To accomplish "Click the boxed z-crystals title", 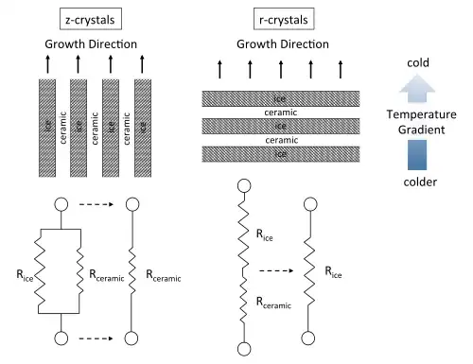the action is point(91,19).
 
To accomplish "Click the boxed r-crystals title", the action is point(284,19).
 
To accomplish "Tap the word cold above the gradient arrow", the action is point(418,62).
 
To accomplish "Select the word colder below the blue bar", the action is point(420,182).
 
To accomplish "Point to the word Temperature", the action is point(422,114).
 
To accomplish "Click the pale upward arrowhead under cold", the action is point(417,88).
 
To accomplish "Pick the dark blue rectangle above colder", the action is point(417,155).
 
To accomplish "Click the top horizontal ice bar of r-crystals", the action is point(281,98).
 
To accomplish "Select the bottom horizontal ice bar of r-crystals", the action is point(281,154).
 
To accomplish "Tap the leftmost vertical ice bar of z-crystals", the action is point(47,128).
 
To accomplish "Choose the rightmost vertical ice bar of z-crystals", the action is point(143,128).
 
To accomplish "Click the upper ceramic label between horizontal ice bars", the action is point(281,113).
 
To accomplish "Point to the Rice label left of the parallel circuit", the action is point(25,275).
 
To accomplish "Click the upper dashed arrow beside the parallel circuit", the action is point(96,204).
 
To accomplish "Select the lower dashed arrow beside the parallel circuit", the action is point(96,338).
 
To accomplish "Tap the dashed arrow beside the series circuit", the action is point(276,270).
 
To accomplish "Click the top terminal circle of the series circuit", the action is point(244,185).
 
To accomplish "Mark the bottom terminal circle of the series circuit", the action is point(244,349).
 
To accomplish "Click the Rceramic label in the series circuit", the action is point(273,303).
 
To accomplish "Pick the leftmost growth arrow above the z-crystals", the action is point(47,64).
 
